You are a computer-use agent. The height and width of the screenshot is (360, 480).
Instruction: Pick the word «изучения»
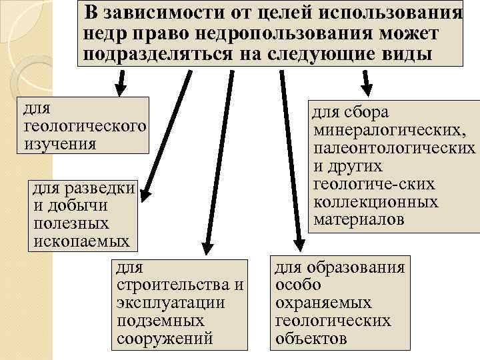point(60,144)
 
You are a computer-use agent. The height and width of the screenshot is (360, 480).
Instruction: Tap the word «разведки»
point(101,190)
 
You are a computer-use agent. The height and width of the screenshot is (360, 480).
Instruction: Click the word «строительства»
point(172,285)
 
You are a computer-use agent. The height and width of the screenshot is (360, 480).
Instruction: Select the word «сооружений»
point(165,337)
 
